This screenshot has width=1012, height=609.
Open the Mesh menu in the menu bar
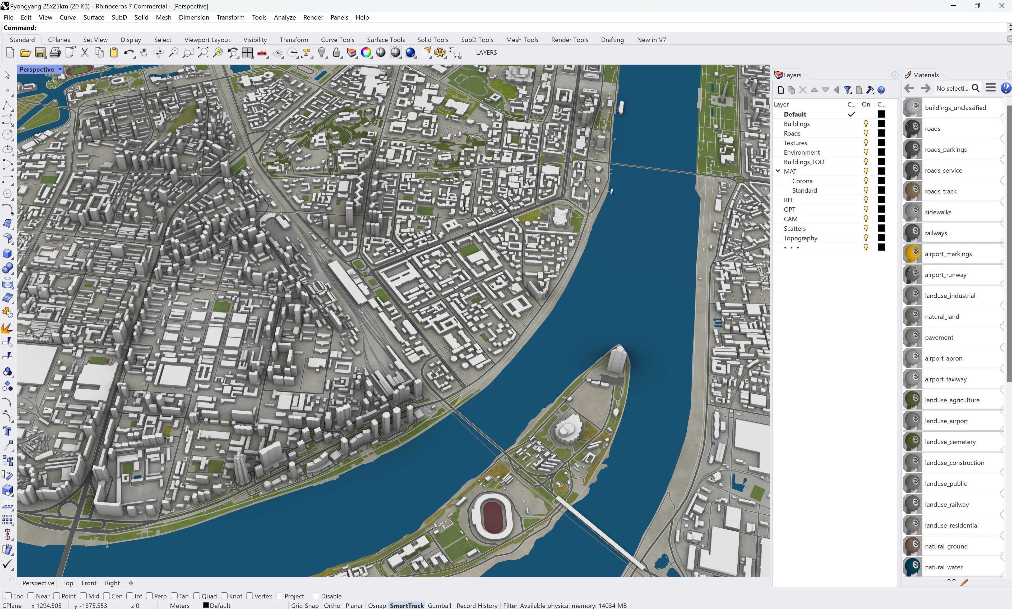click(x=163, y=17)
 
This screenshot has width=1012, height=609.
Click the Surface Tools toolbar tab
click(x=386, y=40)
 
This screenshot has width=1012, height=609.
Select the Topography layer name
click(x=800, y=238)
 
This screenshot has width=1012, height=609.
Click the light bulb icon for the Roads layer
click(x=866, y=133)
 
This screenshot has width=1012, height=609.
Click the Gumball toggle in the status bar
click(x=439, y=605)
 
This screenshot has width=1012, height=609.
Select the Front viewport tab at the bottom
click(x=89, y=583)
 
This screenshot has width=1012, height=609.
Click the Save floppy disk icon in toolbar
click(x=40, y=53)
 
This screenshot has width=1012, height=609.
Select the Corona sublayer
click(x=802, y=181)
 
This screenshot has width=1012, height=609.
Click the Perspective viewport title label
click(x=36, y=69)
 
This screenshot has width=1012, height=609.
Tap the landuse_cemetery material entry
click(x=950, y=442)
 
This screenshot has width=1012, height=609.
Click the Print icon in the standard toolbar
click(x=55, y=53)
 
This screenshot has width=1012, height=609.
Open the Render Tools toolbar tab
click(x=569, y=40)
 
